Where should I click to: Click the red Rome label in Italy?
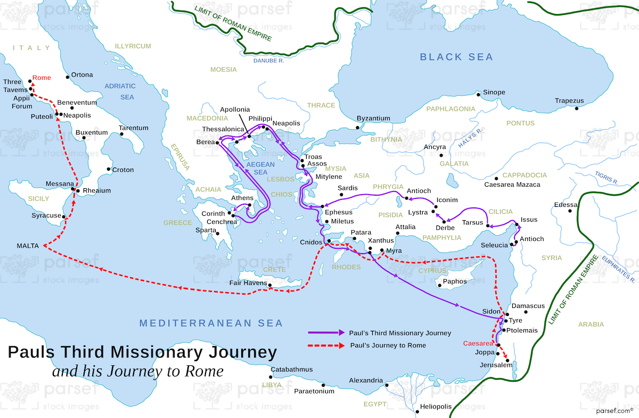tap(42, 78)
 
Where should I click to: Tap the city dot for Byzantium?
tap(358, 128)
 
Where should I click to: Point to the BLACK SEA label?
tap(456, 57)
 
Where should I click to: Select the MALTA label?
tap(28, 246)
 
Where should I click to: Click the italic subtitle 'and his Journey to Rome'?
tap(137, 371)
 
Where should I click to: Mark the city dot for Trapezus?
tap(577, 108)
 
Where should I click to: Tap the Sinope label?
tap(494, 93)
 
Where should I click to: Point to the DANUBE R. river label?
tap(269, 61)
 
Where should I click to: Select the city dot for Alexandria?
tap(387, 385)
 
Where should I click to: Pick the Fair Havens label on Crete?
tap(248, 282)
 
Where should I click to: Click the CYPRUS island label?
tap(432, 271)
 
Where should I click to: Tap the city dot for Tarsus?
tap(487, 226)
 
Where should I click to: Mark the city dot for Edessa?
tap(570, 211)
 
